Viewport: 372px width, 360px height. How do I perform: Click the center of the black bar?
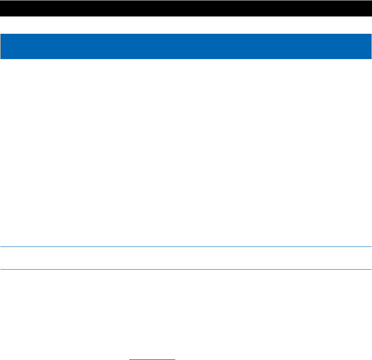tap(186, 8)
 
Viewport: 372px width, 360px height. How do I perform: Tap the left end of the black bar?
tap(1, 8)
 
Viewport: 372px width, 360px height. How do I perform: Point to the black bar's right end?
tap(370, 8)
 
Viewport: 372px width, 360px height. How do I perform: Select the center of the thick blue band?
tap(186, 46)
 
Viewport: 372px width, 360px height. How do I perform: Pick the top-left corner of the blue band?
tap(1, 35)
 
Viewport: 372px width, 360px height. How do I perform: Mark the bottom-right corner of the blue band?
tap(371, 58)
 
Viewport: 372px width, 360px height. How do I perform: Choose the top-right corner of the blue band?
tap(371, 35)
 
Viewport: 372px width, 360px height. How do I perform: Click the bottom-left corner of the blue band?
tap(1, 58)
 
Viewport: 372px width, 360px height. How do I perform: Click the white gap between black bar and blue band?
tap(186, 25)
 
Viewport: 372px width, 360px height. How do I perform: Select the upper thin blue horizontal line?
tap(186, 247)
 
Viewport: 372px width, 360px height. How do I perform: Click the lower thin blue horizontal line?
tap(186, 269)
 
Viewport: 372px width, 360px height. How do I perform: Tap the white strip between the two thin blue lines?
tap(186, 258)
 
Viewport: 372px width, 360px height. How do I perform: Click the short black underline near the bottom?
tap(152, 359)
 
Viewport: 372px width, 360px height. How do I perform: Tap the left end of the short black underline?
tap(130, 359)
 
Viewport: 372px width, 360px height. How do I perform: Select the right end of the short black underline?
tap(174, 359)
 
